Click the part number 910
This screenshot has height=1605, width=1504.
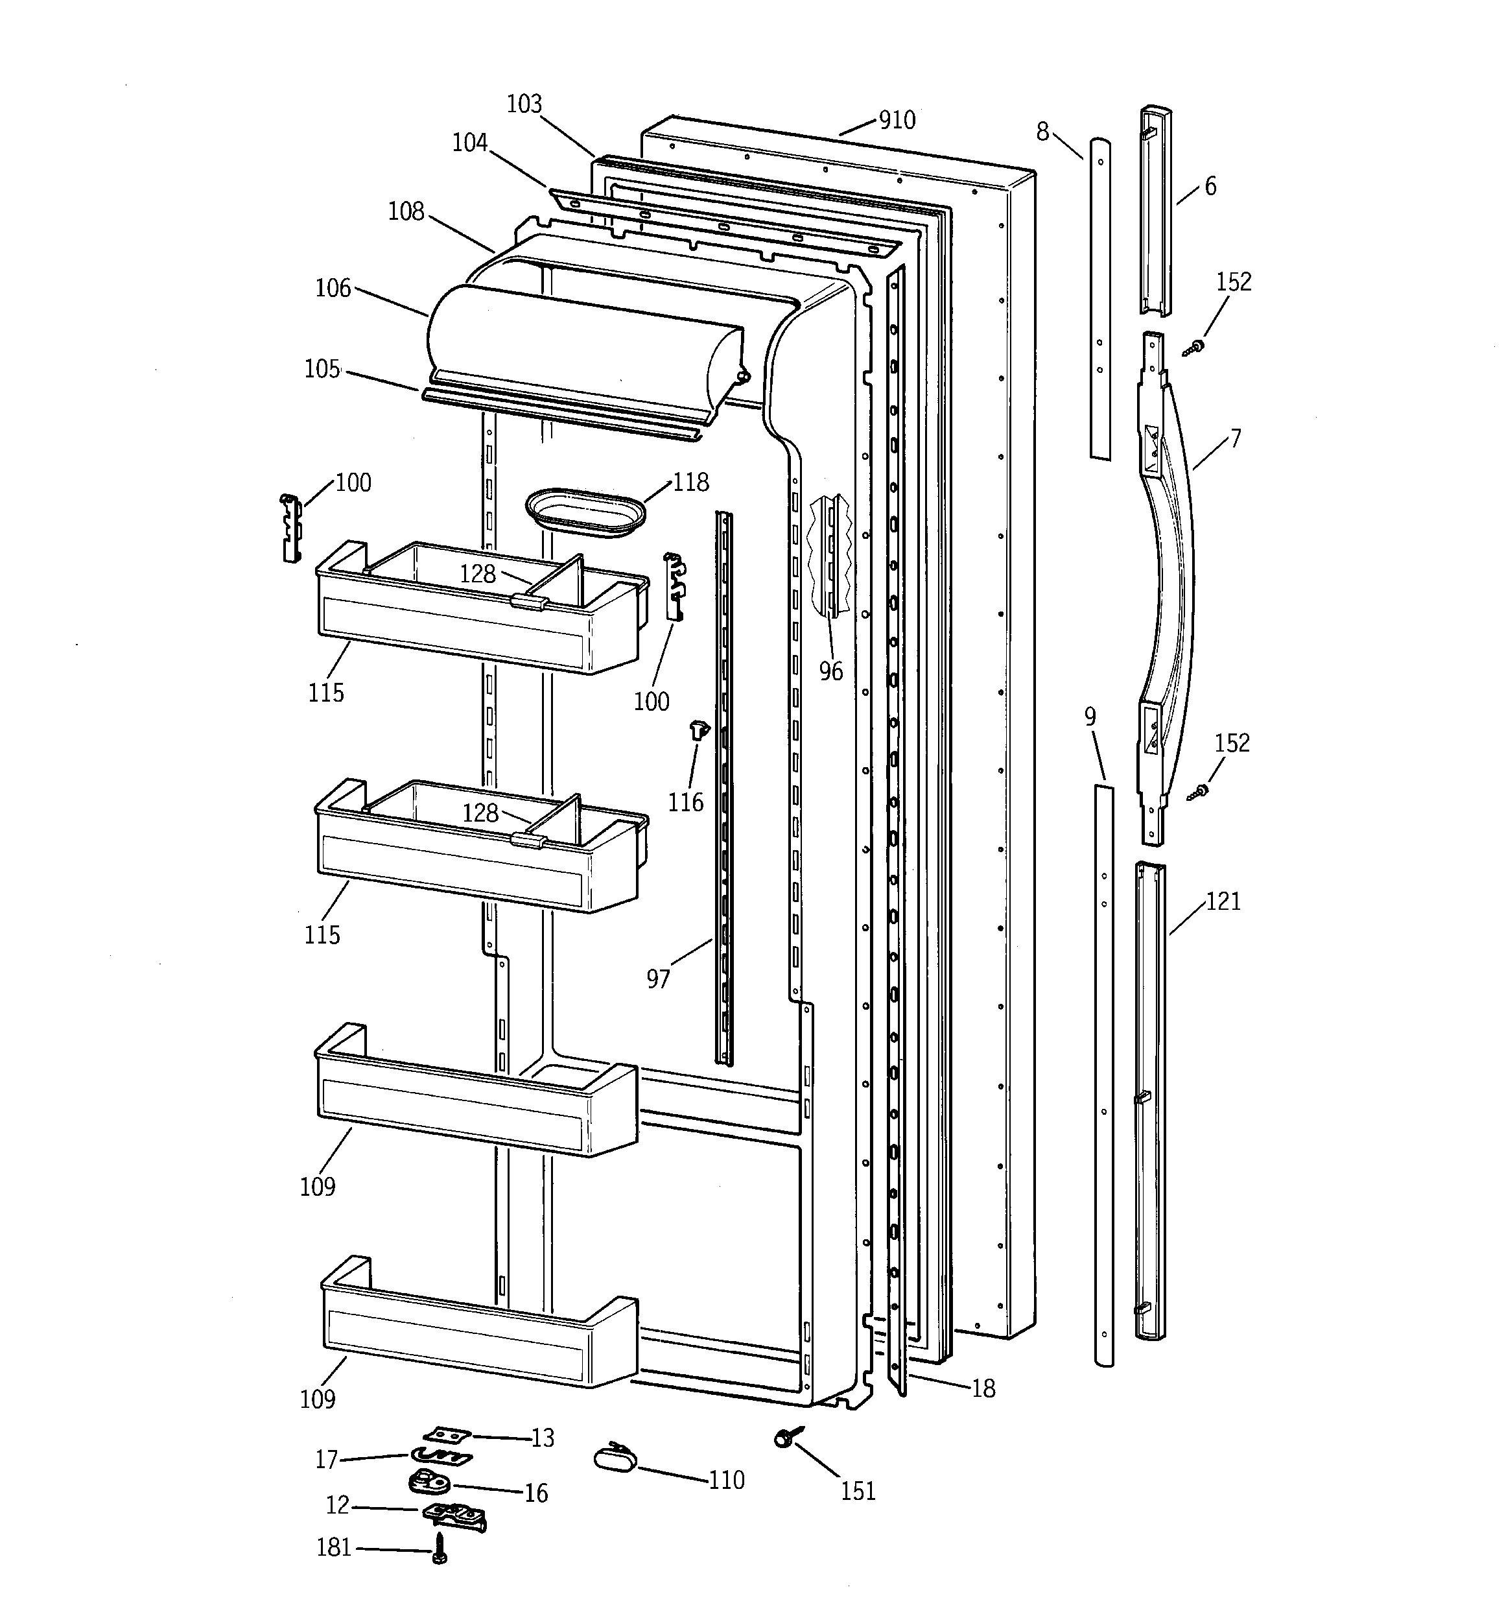[x=897, y=121]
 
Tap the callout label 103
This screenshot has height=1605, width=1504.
[x=524, y=104]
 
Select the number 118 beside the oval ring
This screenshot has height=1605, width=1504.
[x=691, y=482]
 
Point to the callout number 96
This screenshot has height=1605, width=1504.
[x=830, y=671]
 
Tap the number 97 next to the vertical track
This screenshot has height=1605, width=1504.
[x=658, y=979]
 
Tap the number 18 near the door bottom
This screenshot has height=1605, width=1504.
[x=983, y=1388]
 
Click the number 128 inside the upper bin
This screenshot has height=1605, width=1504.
[x=477, y=573]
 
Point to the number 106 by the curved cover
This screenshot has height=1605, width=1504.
[x=333, y=288]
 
